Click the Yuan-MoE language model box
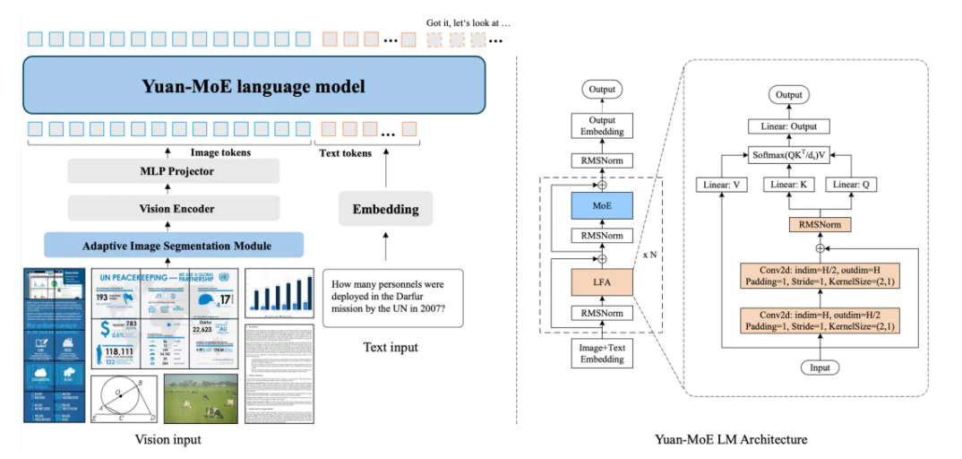(x=253, y=87)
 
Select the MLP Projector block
(x=173, y=171)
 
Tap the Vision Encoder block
(x=173, y=208)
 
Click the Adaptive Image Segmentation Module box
(x=173, y=245)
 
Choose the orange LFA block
(x=602, y=282)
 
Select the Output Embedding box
(x=602, y=126)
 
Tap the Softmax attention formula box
(x=788, y=154)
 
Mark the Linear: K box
(x=788, y=185)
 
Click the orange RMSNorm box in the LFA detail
(x=820, y=223)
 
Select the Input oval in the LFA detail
(x=820, y=368)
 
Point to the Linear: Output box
(x=789, y=126)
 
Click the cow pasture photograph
(x=201, y=398)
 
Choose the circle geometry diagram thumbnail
(x=125, y=399)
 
